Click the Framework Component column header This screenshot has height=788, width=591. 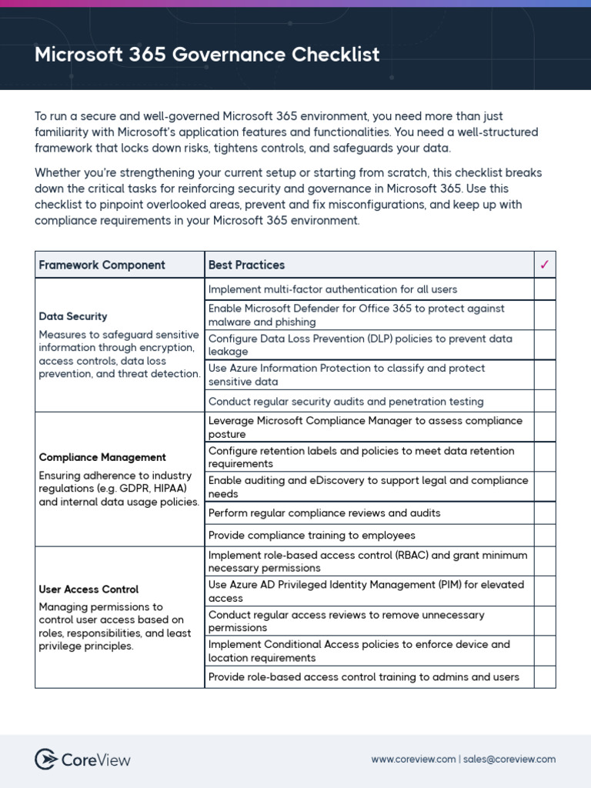[102, 265]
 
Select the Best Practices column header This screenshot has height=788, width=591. [246, 265]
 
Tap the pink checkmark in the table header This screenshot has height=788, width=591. [545, 265]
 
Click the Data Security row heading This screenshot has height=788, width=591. [73, 316]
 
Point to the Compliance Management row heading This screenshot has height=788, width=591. [102, 457]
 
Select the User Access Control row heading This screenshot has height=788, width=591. [88, 589]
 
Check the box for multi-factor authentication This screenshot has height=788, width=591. [545, 289]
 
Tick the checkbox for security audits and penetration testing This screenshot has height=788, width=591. [545, 401]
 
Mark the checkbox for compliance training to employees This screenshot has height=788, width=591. [545, 535]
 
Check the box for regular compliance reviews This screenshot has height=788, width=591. [545, 513]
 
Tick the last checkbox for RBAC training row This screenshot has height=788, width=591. [545, 677]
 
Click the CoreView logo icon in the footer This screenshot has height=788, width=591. [46, 760]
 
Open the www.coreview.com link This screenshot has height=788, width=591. [413, 760]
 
